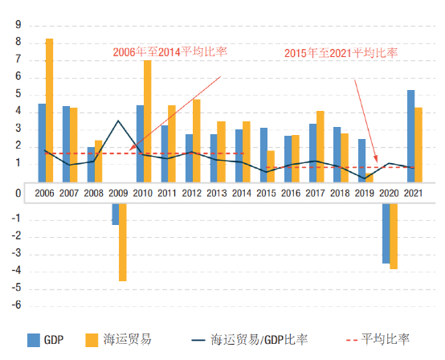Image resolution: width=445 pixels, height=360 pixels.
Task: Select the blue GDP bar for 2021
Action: click(411, 137)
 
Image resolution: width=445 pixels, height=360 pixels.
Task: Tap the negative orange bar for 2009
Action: click(123, 241)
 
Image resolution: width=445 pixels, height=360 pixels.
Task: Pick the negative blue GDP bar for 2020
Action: click(386, 233)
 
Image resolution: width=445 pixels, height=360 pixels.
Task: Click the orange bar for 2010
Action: click(148, 121)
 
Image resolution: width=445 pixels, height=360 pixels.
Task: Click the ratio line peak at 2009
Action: click(119, 121)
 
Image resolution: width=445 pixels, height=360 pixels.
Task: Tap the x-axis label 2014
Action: click(243, 194)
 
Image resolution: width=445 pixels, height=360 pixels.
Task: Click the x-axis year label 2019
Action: click(366, 194)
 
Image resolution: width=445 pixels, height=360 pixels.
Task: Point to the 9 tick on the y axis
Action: click(18, 24)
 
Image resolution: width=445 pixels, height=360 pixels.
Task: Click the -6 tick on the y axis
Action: click(16, 307)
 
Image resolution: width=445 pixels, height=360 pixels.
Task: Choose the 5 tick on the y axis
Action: click(18, 95)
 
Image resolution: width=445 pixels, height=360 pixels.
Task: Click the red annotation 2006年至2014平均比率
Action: click(169, 51)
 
